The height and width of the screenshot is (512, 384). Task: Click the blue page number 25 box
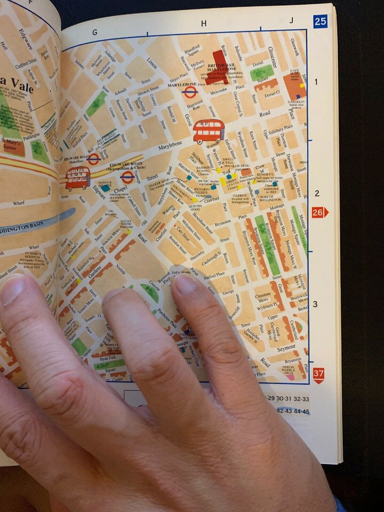coord(320,21)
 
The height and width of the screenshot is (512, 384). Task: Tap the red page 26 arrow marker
coord(319,212)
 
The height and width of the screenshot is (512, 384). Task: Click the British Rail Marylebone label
coord(221,67)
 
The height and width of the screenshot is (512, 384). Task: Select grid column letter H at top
coord(204,24)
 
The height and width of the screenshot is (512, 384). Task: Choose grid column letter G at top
coord(94,32)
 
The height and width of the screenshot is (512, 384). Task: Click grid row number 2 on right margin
coord(316,194)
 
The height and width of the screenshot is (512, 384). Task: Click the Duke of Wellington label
coord(270,198)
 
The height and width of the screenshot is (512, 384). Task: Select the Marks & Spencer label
coord(105,184)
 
